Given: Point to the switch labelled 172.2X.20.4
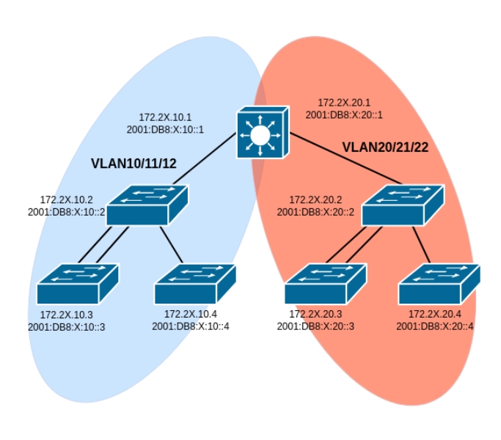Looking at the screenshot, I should click(x=438, y=285).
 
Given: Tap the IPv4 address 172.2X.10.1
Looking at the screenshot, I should click(x=165, y=117).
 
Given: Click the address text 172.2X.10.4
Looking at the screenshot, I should click(x=191, y=315).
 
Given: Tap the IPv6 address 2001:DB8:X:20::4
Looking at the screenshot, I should click(x=435, y=326).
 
